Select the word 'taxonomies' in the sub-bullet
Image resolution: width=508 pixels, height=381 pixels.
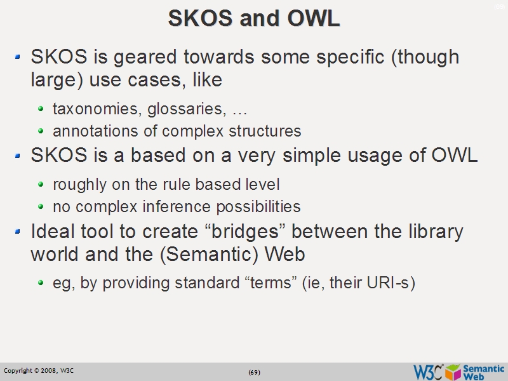(x=97, y=109)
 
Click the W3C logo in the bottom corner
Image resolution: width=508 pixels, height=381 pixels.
(x=428, y=371)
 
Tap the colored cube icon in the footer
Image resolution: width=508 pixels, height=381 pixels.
(x=453, y=371)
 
